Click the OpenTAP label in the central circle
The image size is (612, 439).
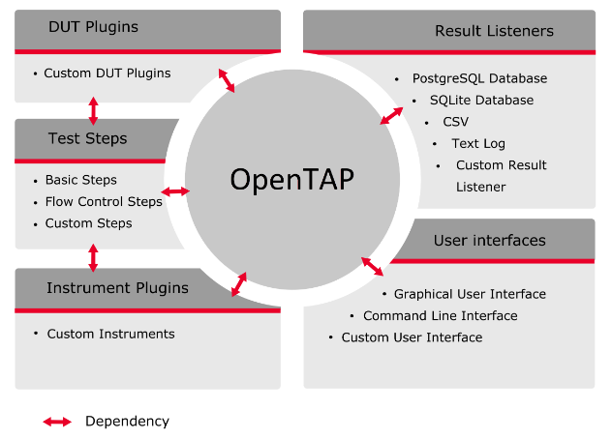tap(291, 181)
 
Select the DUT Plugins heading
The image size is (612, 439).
tap(93, 27)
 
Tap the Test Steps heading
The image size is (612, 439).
tap(87, 138)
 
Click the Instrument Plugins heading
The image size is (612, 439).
tap(117, 287)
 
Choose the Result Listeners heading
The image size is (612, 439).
tap(494, 32)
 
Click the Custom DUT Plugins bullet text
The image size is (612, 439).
tap(107, 73)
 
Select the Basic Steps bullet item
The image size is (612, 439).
tap(80, 180)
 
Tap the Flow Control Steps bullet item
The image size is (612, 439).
tap(104, 201)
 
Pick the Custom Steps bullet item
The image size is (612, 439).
tap(88, 223)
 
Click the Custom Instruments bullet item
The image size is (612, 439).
tap(110, 334)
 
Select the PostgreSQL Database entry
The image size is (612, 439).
tap(479, 78)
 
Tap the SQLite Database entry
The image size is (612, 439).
tap(481, 100)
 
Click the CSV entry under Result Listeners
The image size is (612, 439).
tap(455, 122)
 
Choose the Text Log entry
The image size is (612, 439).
tap(478, 143)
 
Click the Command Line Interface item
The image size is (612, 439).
tap(440, 315)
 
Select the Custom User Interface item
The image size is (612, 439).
tap(412, 337)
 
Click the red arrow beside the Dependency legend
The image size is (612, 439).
tap(57, 422)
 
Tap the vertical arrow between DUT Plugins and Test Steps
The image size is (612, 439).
tap(93, 109)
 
